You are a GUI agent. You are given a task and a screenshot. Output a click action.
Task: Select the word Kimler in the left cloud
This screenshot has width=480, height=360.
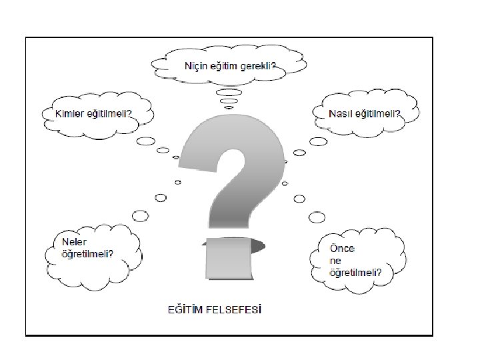coord(68,113)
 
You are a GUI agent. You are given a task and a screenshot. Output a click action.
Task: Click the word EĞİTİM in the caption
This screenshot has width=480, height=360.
coord(184,309)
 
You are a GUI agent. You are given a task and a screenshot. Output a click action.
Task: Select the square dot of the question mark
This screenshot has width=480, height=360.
coord(228,257)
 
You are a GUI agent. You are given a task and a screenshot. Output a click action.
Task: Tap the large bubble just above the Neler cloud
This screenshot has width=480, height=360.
coord(141,215)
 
